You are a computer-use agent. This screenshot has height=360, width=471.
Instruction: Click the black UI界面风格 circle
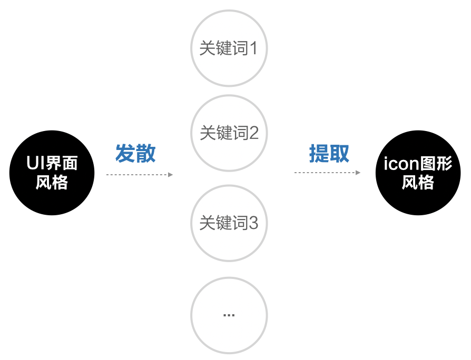(x=52, y=173)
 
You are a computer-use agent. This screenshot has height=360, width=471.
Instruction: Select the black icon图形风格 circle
(x=418, y=173)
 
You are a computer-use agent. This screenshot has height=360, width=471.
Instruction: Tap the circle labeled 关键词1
(x=229, y=48)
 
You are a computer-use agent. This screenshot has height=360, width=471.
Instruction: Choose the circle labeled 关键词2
(x=229, y=133)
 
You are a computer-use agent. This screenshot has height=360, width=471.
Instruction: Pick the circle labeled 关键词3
(x=229, y=223)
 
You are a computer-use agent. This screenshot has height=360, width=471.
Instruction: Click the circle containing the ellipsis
(x=229, y=315)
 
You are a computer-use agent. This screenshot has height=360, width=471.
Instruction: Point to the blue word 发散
(x=135, y=154)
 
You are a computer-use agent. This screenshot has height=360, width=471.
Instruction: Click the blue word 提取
(x=329, y=154)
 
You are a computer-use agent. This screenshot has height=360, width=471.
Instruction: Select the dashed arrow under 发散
(x=138, y=174)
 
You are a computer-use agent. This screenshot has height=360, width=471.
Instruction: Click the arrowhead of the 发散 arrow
(x=170, y=174)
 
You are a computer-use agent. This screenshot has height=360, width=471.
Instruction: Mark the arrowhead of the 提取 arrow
(x=358, y=173)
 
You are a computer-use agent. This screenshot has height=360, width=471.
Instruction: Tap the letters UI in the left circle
(x=34, y=164)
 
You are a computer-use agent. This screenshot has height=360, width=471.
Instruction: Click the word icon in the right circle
(x=400, y=164)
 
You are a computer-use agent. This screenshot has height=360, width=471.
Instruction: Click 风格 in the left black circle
(x=52, y=183)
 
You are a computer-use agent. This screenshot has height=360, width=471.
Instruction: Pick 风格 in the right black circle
(x=418, y=183)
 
